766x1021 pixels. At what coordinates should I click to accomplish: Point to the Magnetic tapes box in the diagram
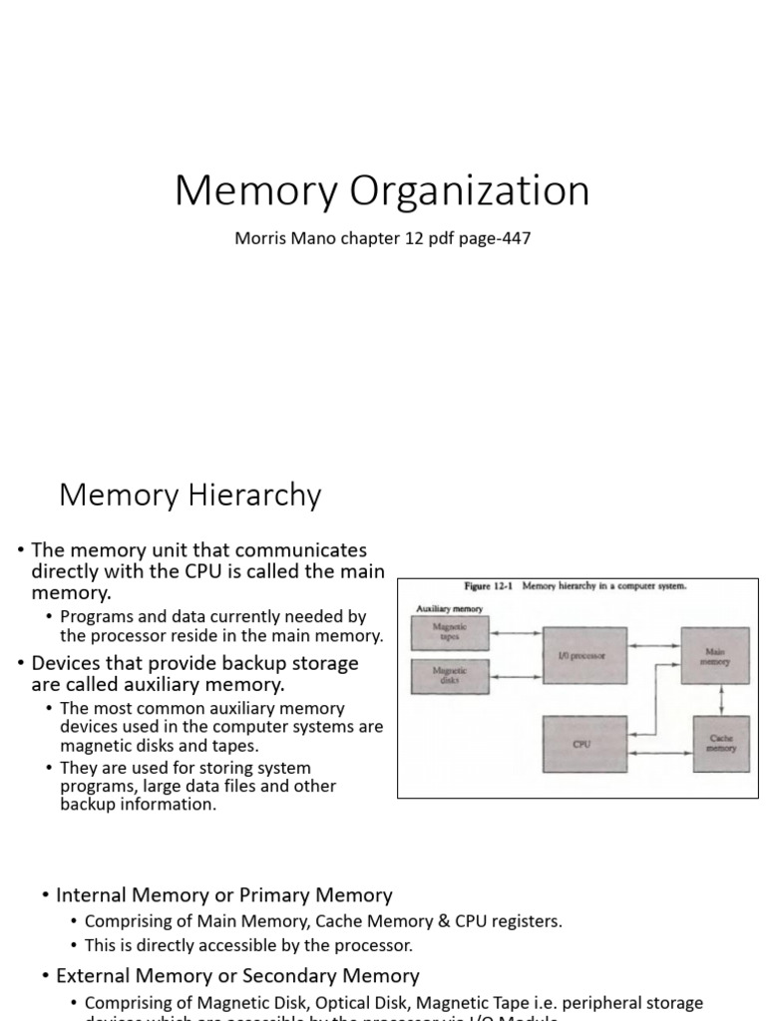pyautogui.click(x=450, y=632)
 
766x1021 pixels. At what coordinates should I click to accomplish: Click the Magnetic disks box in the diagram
pyautogui.click(x=450, y=677)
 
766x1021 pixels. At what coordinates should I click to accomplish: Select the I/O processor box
pyautogui.click(x=583, y=654)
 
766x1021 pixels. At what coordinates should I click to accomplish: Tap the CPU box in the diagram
pyautogui.click(x=583, y=744)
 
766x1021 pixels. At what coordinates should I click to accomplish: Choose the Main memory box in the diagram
pyautogui.click(x=714, y=655)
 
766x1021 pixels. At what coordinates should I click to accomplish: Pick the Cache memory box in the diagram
pyautogui.click(x=720, y=744)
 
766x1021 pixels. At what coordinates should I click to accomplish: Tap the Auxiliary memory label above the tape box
pyautogui.click(x=442, y=607)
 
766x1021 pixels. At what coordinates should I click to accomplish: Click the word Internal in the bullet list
pyautogui.click(x=93, y=895)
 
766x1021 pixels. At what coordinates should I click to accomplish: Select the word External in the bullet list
pyautogui.click(x=94, y=975)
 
